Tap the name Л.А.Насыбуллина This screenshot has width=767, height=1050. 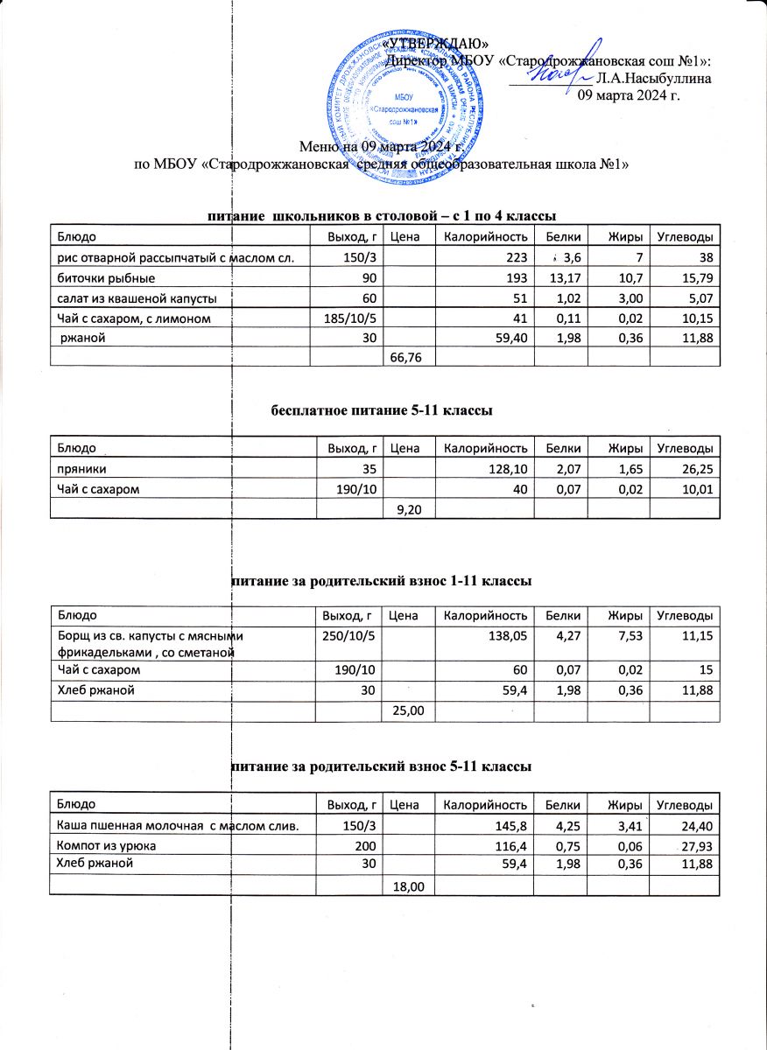[653, 78]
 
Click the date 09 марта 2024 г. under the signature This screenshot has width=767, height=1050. [630, 94]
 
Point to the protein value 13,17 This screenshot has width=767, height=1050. [563, 278]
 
